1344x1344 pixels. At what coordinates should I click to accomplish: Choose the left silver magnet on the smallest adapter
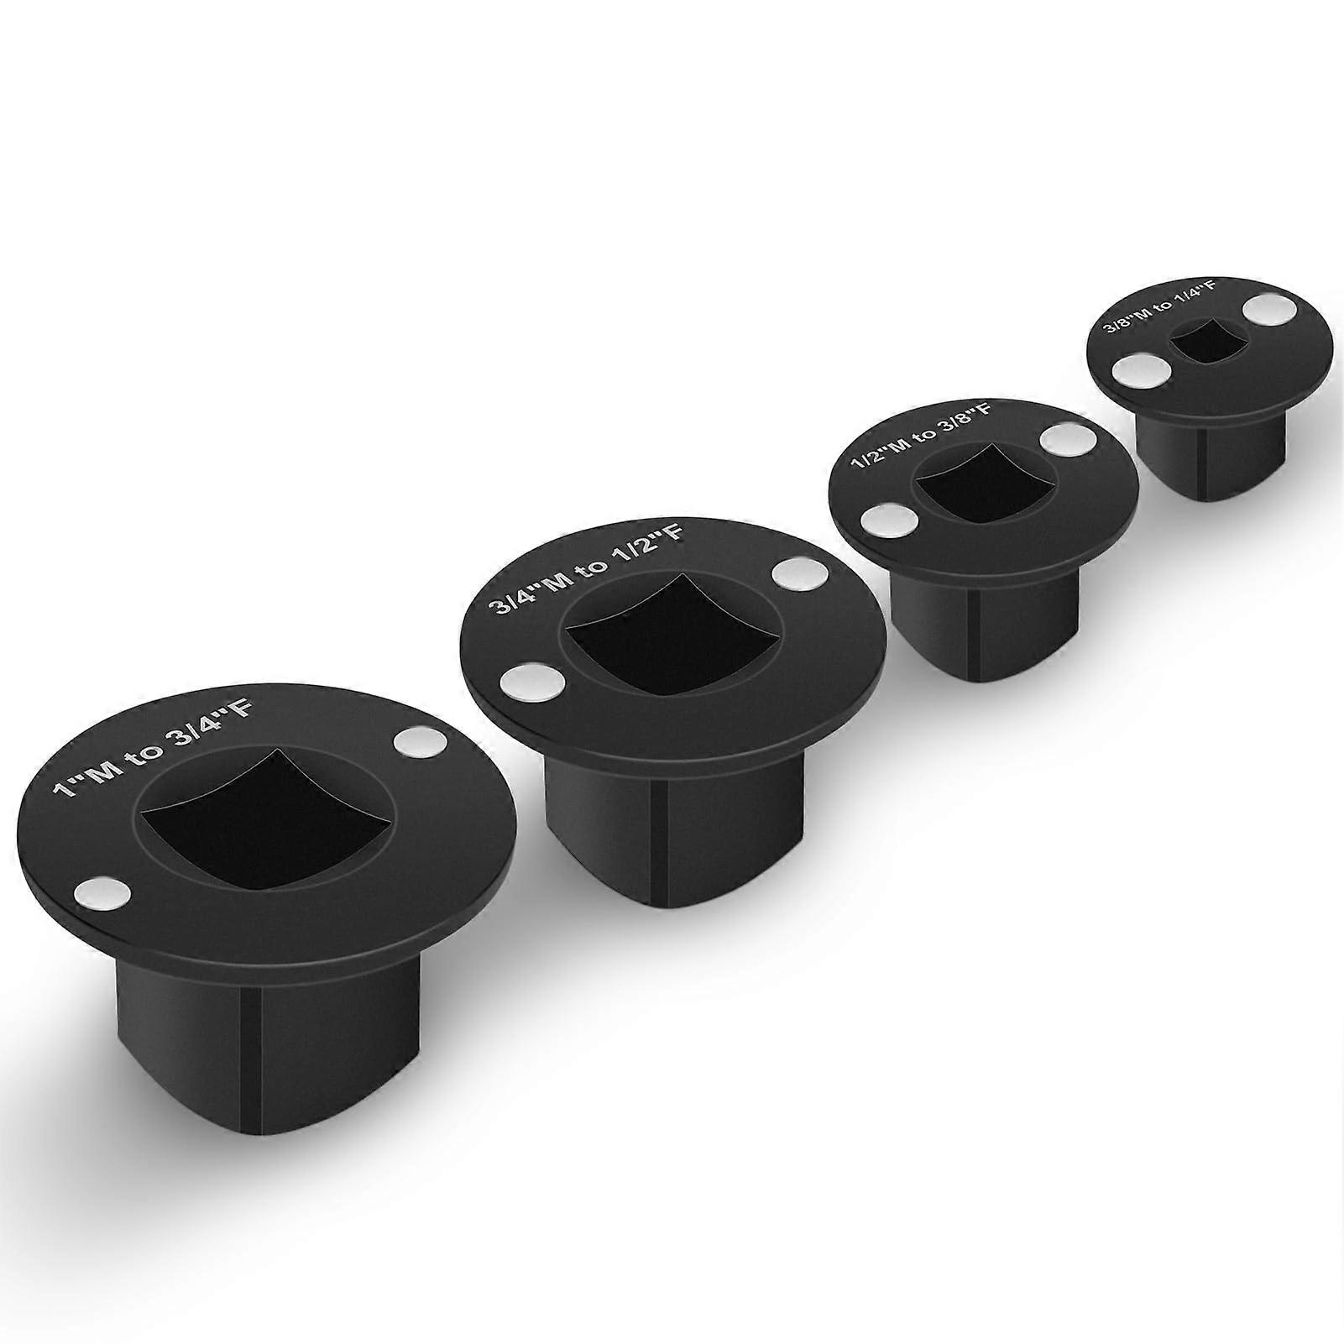(x=1140, y=370)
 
